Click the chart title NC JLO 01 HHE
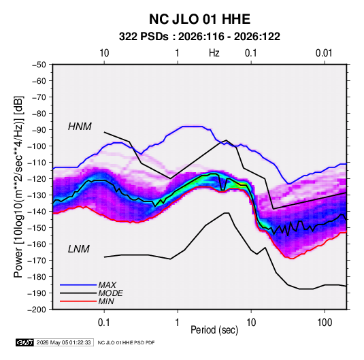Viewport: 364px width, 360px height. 199,19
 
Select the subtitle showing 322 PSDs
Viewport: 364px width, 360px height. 199,37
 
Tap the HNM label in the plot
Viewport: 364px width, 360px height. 80,127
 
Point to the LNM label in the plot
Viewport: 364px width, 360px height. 79,249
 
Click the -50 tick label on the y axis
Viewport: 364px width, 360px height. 39,65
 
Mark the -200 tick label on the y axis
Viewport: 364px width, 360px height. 37,310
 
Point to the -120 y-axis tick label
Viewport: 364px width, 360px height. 37,179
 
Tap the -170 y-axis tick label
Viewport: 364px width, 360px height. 37,261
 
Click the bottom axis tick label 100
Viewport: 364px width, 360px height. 325,323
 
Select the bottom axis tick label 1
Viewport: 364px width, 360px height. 177,323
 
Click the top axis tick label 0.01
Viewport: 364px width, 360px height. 324,53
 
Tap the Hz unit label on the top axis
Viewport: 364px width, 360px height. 214,53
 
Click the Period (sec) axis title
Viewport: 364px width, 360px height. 214,330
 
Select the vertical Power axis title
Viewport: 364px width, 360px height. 18,187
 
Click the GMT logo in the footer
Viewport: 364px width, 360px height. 24,342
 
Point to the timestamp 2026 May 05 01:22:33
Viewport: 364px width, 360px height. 63,342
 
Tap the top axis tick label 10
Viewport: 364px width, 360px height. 104,53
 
